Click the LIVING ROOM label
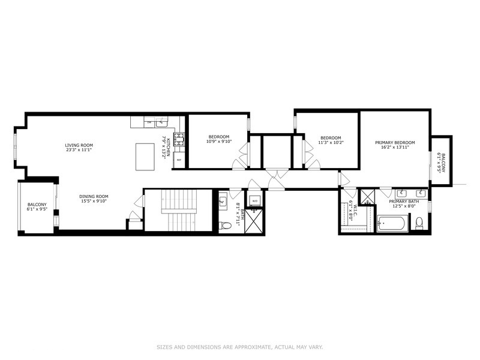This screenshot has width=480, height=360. point(79,145)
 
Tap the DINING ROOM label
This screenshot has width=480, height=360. point(94,196)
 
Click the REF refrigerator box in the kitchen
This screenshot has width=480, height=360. point(179,161)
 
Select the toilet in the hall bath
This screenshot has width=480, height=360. point(225,226)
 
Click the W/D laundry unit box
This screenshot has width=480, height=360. point(254,200)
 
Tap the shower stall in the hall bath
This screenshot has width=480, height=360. point(255,220)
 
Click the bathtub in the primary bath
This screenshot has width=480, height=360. point(392,224)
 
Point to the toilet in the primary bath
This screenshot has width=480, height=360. point(419,224)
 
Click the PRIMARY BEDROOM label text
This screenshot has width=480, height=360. point(395,143)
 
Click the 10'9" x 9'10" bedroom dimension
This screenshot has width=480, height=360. point(218,142)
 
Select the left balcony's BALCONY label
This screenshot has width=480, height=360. point(37,205)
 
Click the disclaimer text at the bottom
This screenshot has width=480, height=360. point(240,347)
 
